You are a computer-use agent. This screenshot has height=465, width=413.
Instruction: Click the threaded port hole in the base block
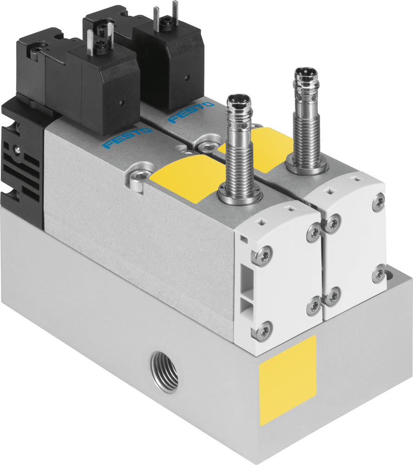click(x=164, y=372)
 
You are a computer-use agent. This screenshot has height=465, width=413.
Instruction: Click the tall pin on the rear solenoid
click(x=175, y=11)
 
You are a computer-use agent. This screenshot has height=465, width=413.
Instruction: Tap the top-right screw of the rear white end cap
click(x=378, y=201)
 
